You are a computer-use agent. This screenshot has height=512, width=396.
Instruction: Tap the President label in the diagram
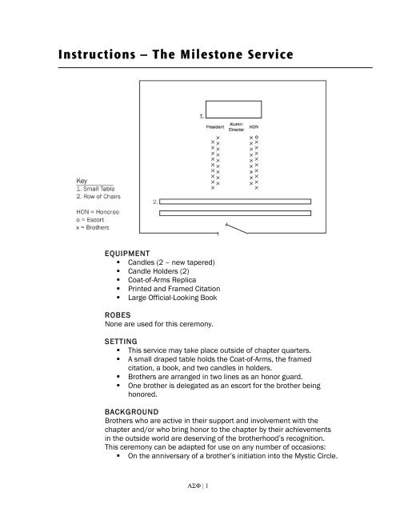click(214, 126)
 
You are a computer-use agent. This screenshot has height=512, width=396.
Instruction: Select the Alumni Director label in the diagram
click(237, 126)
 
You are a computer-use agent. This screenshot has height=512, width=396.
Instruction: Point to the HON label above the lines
click(254, 126)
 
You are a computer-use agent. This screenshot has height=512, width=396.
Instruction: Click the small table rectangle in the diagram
click(232, 109)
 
